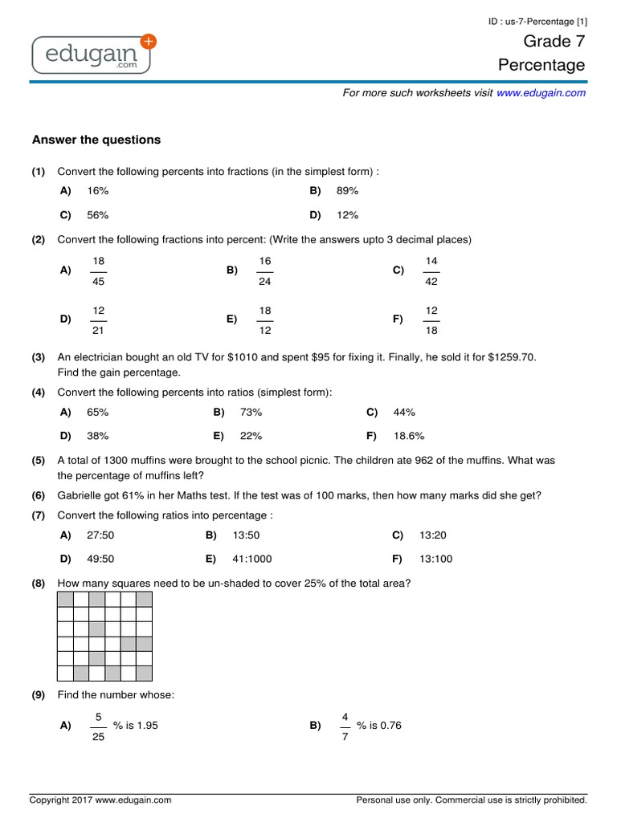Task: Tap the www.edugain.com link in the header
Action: [x=541, y=93]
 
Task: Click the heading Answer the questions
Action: [x=96, y=140]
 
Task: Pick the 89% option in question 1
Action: [x=347, y=191]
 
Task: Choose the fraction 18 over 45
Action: [x=99, y=271]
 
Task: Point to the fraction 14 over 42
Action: [x=431, y=271]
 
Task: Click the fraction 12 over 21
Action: [x=99, y=319]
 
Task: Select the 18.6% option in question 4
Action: [x=409, y=436]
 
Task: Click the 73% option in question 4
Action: [x=251, y=413]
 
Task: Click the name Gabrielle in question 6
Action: [x=80, y=495]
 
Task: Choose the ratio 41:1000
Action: [x=257, y=559]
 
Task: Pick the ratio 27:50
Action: [x=102, y=535]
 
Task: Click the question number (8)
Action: [x=39, y=584]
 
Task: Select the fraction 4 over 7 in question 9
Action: [x=345, y=726]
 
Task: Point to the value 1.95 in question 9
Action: [x=147, y=726]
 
